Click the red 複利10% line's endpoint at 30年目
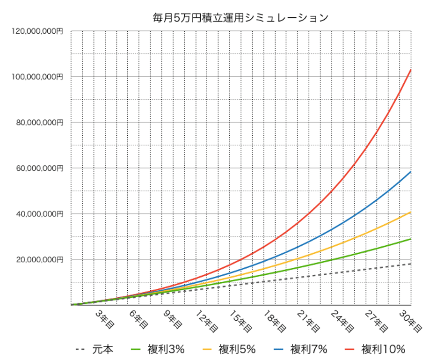pyautogui.click(x=411, y=69)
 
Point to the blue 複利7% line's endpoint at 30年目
pyautogui.click(x=411, y=172)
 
